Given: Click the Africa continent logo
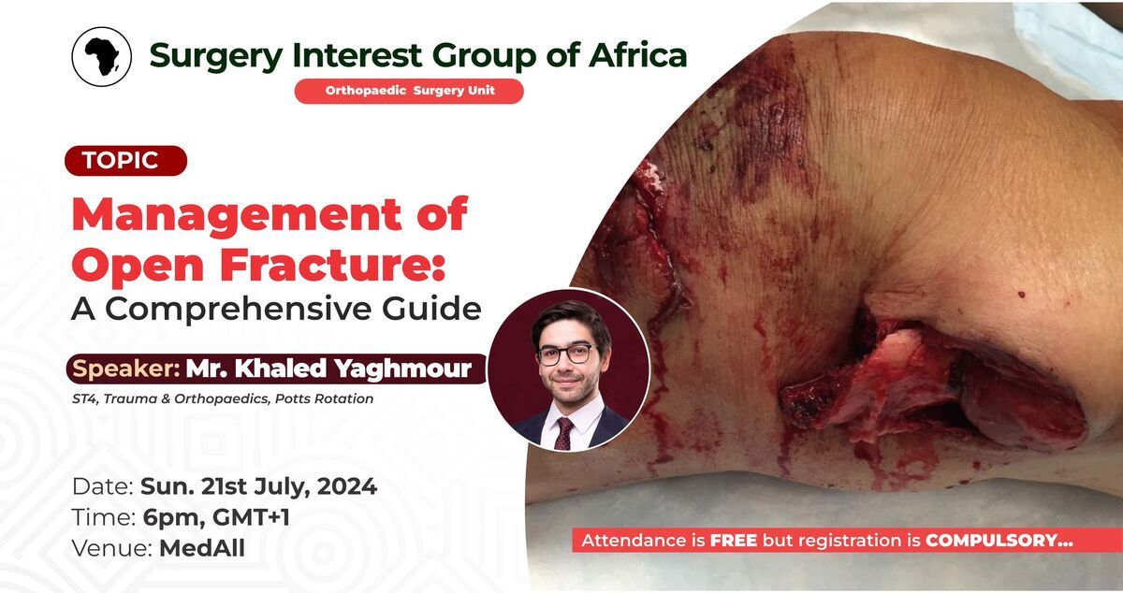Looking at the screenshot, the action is [x=102, y=57].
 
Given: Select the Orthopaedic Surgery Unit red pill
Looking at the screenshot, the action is [x=409, y=92].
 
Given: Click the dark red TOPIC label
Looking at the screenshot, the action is [x=125, y=160].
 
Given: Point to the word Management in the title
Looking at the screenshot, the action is [x=237, y=215].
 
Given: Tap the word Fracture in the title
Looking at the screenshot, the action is [x=333, y=265].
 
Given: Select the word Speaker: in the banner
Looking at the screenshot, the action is [x=126, y=369].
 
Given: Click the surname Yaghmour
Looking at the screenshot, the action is [x=402, y=369].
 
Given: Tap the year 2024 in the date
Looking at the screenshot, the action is [x=347, y=486].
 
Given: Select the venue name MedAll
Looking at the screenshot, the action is [x=202, y=548].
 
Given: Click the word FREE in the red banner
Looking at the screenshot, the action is [x=734, y=541].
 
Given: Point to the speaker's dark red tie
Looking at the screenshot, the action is [x=564, y=434].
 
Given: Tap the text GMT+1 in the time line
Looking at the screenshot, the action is [x=251, y=517].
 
